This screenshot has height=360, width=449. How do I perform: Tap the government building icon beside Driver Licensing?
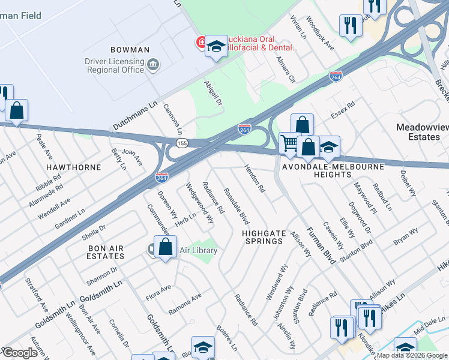[153, 64]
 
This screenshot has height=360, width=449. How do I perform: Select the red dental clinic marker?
[200, 42]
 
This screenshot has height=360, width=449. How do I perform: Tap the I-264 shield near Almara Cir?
[336, 76]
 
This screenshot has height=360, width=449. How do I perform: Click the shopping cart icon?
[289, 143]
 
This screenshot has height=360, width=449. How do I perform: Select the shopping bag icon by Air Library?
[165, 247]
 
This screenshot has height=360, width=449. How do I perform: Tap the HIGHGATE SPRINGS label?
[262, 236]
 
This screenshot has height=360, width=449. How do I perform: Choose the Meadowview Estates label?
[418, 132]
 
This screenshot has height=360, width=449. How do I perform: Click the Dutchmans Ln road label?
[134, 116]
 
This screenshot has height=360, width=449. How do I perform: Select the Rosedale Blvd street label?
[236, 207]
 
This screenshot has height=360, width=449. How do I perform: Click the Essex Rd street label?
[343, 110]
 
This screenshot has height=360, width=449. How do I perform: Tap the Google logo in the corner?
[20, 353]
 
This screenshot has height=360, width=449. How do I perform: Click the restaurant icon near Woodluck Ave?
[349, 25]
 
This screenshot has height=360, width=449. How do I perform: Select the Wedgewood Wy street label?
[199, 203]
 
